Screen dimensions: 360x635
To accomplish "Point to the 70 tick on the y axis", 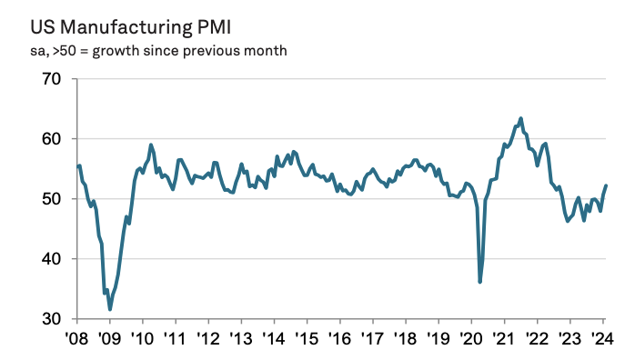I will (50, 79).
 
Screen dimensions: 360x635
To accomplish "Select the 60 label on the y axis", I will (50, 139).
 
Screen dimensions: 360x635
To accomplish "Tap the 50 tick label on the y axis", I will (50, 199).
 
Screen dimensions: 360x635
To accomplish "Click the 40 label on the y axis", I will (50, 259).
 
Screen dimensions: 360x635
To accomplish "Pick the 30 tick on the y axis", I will (50, 319).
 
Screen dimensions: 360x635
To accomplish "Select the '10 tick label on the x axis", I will (144, 339).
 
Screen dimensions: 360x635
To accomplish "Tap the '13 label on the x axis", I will (242, 339).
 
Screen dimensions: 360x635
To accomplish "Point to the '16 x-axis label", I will (340, 339).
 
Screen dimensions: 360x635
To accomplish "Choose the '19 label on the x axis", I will (438, 339).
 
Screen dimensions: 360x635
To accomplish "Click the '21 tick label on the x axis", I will (504, 339).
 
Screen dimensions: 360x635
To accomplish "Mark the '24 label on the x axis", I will (602, 339).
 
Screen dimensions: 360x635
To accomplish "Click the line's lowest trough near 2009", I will (110, 309).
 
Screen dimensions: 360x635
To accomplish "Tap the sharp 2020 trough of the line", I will (479, 282).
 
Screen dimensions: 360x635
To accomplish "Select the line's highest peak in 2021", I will (520, 118).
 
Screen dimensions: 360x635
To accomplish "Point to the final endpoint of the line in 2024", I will (607, 185).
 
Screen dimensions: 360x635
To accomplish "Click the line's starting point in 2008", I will (79, 165).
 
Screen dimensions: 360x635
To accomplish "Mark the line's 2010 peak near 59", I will (151, 145).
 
